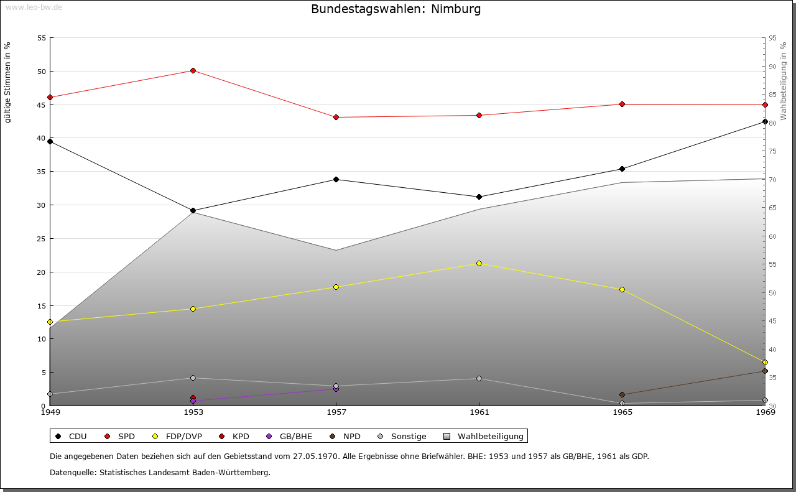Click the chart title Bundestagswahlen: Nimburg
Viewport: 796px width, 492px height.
396,9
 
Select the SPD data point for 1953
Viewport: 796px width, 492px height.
193,71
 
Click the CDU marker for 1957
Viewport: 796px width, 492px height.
336,180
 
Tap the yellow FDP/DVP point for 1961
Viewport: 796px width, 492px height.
479,264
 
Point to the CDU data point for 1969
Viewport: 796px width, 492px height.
765,122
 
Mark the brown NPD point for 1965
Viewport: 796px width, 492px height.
622,395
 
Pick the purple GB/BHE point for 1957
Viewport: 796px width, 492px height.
336,389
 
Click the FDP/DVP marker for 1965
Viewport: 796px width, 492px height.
622,290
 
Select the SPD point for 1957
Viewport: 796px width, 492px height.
336,118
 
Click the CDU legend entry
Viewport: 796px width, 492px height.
72,437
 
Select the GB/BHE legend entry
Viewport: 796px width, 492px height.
290,437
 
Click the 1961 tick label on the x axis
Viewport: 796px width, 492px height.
479,412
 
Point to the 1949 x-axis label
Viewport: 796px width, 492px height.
50,412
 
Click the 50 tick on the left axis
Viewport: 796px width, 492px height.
41,72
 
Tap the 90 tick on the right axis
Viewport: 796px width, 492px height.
772,67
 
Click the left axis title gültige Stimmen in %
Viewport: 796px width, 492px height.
8,83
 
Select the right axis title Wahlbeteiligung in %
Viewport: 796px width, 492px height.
784,81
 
